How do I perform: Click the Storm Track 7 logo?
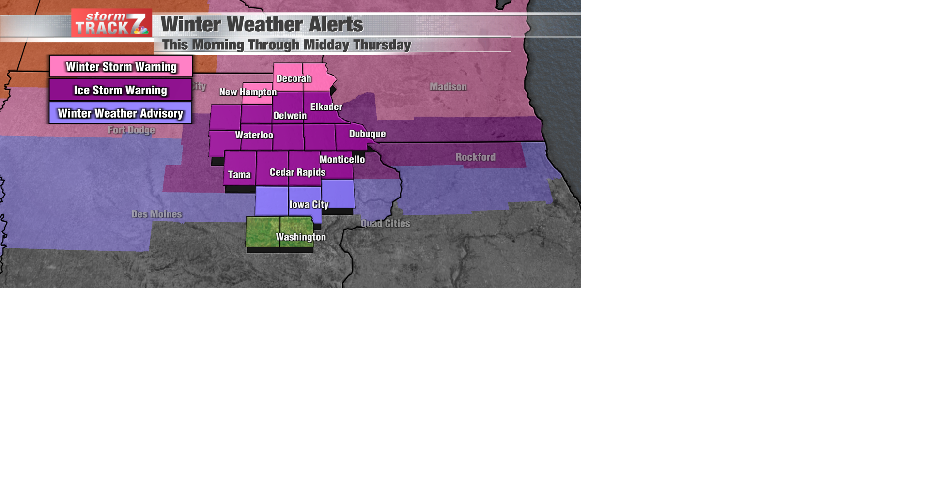tap(111, 23)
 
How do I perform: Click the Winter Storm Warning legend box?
tap(121, 67)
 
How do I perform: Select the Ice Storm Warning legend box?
tap(121, 90)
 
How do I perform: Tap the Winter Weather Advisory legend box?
tap(121, 113)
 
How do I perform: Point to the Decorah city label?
tap(294, 79)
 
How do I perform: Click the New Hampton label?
tap(248, 92)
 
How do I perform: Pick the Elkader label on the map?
tap(326, 107)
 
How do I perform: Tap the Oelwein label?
tap(290, 116)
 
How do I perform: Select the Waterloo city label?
tap(254, 135)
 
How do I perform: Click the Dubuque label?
tap(367, 134)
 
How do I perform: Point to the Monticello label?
tap(342, 159)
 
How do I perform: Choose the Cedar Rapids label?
tap(297, 172)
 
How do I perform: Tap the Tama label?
tap(239, 175)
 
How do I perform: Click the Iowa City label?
tap(309, 204)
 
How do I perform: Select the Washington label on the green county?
tap(301, 237)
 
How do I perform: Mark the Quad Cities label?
tap(385, 223)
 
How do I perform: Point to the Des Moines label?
tap(156, 214)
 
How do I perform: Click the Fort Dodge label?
tap(131, 130)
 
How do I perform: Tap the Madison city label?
tap(448, 87)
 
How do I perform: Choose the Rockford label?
tap(475, 157)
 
